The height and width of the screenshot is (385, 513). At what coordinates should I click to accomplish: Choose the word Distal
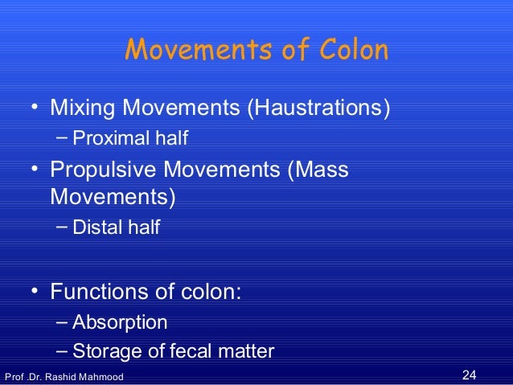(x=94, y=228)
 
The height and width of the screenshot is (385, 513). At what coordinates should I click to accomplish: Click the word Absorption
(x=120, y=323)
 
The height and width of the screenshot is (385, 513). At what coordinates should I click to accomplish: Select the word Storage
(x=104, y=351)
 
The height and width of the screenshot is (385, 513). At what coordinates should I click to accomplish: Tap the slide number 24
(x=470, y=375)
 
